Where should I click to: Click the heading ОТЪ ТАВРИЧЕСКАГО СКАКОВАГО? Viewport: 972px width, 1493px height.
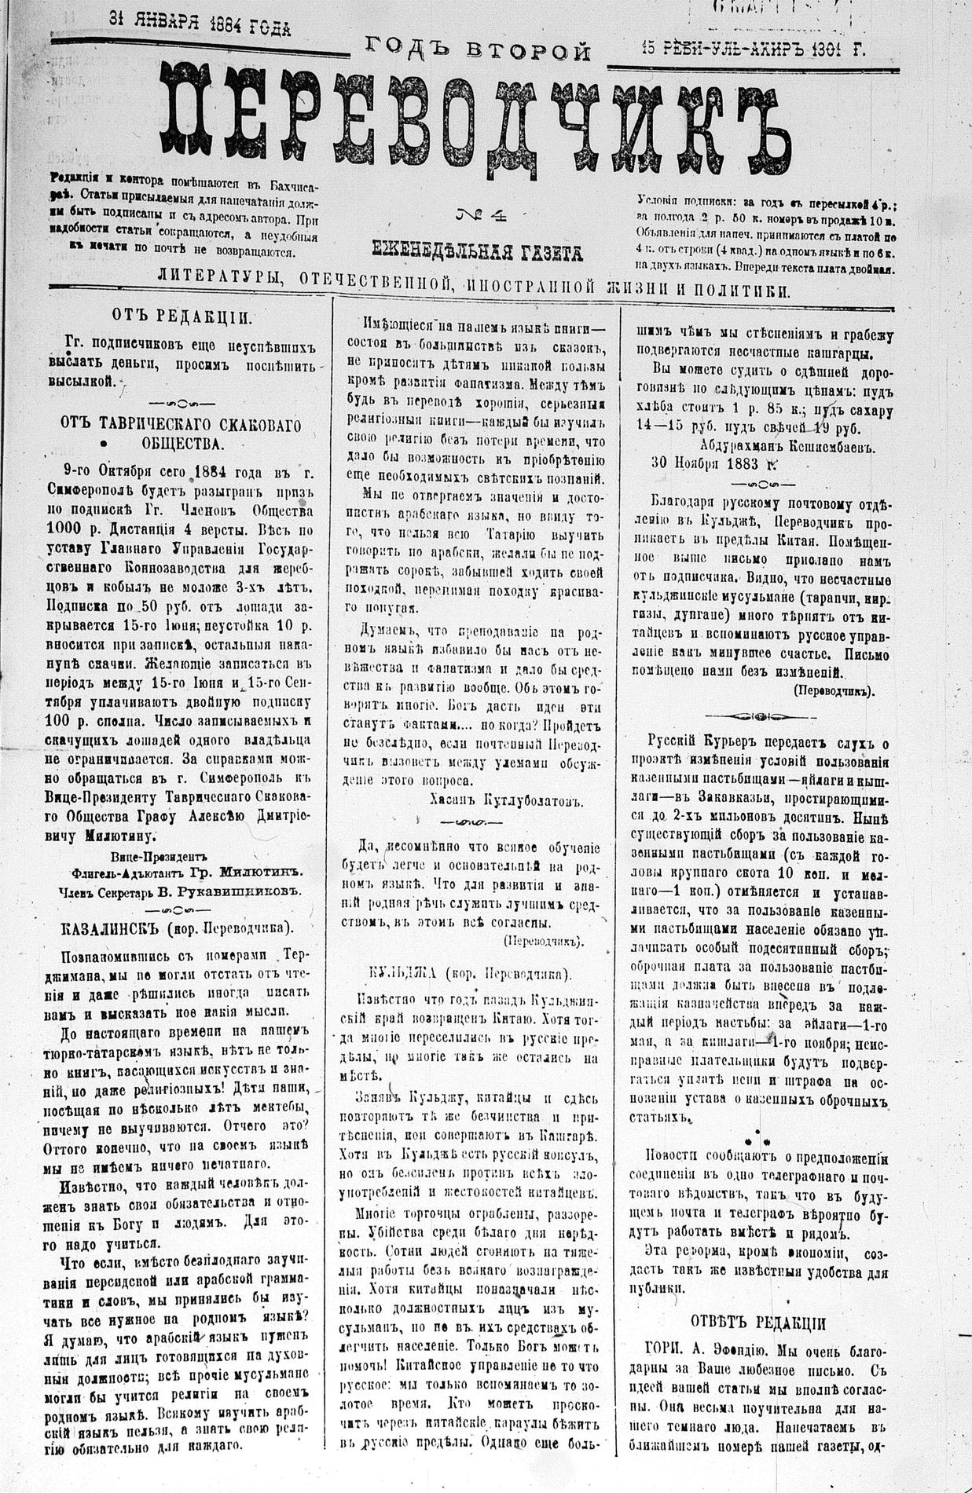(181, 424)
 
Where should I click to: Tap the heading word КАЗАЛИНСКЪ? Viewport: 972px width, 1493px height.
(111, 928)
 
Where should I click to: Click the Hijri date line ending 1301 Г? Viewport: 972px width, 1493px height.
(753, 49)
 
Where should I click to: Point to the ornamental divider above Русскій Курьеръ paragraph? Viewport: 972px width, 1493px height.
(757, 715)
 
